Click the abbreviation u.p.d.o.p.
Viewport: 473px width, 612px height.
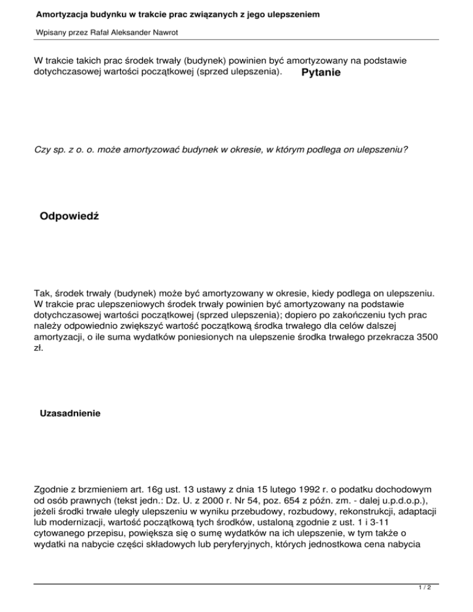pyautogui.click(x=391, y=485)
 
